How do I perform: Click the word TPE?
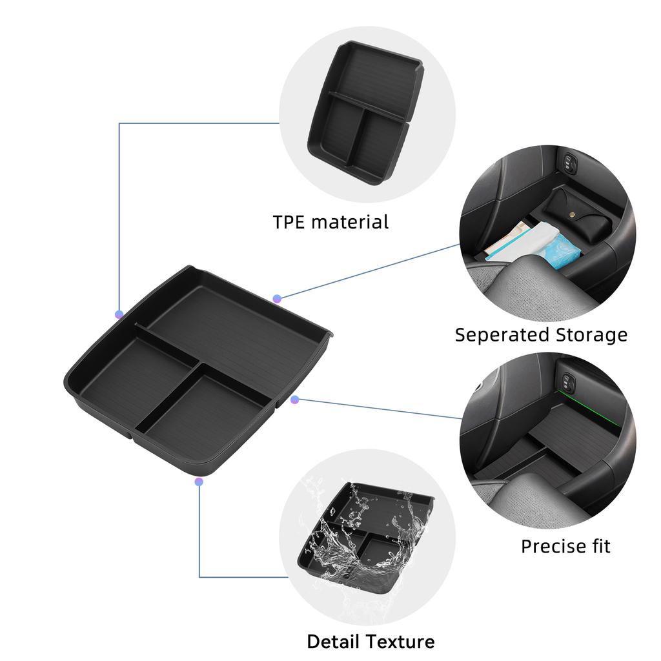coord(289,222)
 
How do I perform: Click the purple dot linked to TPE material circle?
coord(119,314)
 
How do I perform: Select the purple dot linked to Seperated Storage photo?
coord(277,298)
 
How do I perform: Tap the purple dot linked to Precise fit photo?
coord(295,400)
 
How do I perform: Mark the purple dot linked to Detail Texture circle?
coord(199,482)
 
